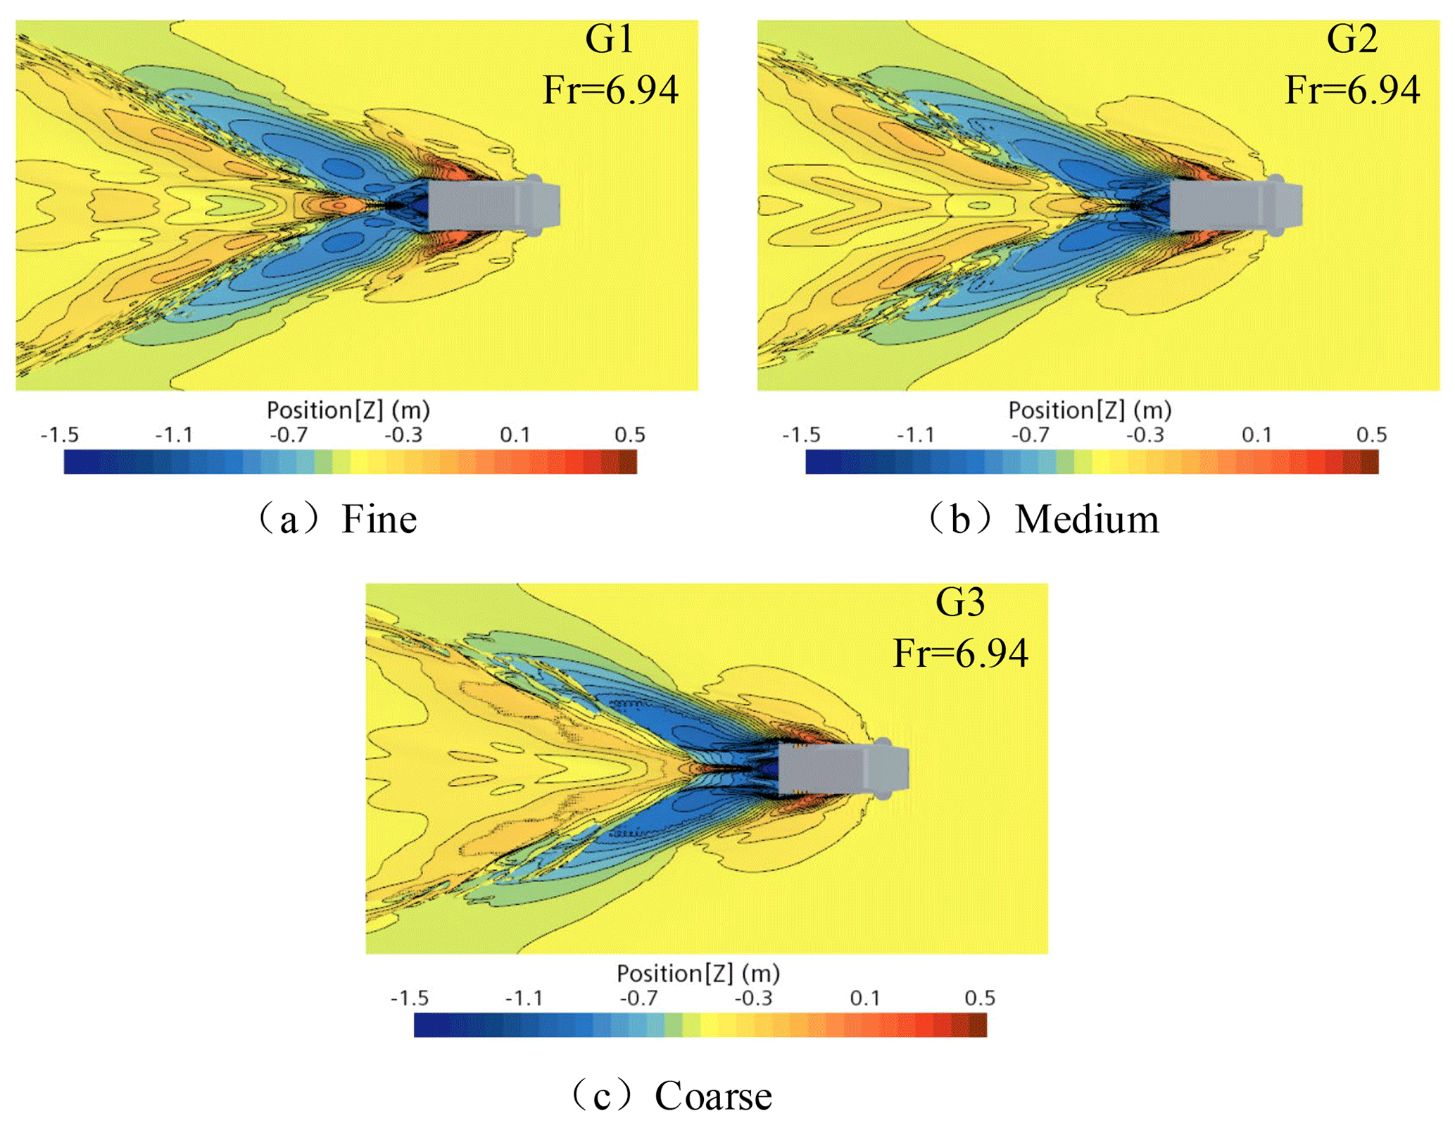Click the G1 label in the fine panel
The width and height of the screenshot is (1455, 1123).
tap(609, 39)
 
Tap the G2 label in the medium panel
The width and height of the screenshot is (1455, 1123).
tap(1352, 39)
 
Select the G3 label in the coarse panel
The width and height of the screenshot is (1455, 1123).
tap(959, 603)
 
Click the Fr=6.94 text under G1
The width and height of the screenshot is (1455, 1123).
tap(610, 90)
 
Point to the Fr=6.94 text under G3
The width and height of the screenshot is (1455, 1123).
tap(960, 653)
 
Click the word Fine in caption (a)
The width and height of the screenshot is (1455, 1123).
tap(379, 520)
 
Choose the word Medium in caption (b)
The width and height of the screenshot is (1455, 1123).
tap(1086, 520)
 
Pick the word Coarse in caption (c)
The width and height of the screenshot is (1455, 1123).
tap(712, 1096)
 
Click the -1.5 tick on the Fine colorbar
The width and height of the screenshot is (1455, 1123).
tap(60, 435)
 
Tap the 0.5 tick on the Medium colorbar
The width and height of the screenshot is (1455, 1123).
tap(1371, 435)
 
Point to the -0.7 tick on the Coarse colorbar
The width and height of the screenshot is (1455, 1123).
tap(638, 998)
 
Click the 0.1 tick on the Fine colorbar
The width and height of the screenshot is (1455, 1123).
tap(515, 435)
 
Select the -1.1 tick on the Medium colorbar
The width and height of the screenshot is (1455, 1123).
tap(916, 435)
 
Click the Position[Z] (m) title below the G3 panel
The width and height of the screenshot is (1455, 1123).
tap(698, 974)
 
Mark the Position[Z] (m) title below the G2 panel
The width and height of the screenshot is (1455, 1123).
tap(1090, 410)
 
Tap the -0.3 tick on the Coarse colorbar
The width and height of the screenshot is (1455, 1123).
tap(753, 998)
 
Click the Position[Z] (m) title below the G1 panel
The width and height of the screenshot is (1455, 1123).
tap(348, 410)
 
